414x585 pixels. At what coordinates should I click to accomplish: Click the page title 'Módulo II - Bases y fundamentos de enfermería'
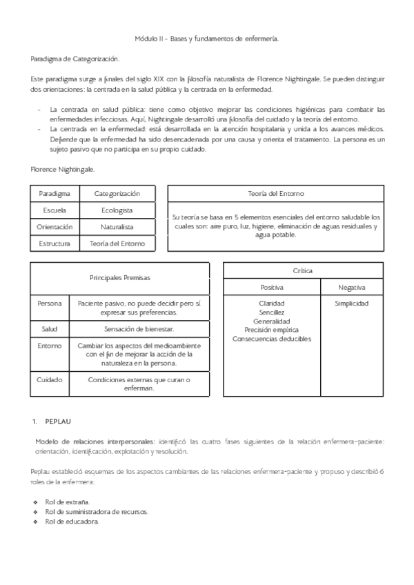click(206, 39)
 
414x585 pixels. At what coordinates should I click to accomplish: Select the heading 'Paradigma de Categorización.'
click(75, 60)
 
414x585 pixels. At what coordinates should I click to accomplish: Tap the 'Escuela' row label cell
click(55, 210)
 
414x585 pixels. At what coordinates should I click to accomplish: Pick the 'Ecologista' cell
click(117, 210)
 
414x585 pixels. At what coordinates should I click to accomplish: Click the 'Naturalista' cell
click(117, 226)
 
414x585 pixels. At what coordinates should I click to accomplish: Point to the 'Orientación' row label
click(55, 226)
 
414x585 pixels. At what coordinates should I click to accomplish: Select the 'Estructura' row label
click(55, 243)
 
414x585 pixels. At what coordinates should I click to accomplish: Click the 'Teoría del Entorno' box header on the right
click(276, 194)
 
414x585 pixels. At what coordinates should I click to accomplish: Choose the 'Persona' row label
click(50, 303)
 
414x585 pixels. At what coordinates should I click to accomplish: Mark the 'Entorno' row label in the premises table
click(50, 345)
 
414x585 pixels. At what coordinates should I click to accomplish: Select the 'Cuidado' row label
click(50, 379)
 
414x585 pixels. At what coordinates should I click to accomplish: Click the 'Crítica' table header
click(303, 270)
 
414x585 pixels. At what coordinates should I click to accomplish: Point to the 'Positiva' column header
click(271, 287)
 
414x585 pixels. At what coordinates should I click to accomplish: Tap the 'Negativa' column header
click(352, 287)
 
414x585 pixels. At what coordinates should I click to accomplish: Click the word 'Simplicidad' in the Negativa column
click(352, 304)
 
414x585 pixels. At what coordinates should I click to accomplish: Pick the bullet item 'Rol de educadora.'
click(72, 521)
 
